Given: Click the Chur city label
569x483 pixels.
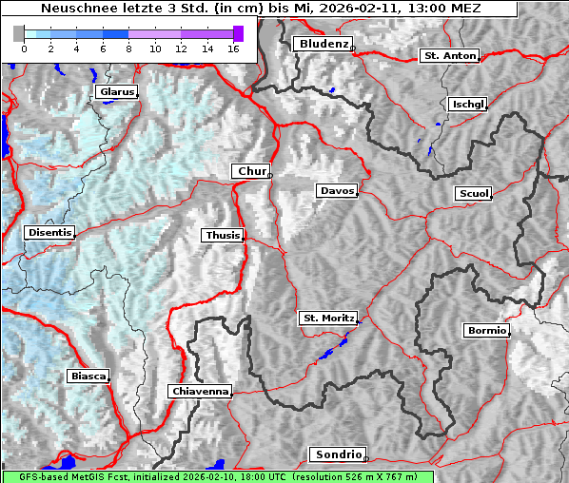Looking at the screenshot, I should (x=251, y=171).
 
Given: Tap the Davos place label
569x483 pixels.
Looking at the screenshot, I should (x=337, y=191).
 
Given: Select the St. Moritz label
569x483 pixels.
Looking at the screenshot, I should (x=327, y=318).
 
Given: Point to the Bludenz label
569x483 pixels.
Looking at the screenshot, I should (x=321, y=44).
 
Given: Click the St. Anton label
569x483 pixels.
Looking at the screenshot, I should (x=448, y=56).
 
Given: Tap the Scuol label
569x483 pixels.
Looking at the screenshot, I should (x=473, y=193).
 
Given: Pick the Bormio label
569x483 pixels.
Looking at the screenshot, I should (x=486, y=331).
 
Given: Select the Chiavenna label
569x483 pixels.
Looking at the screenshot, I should (x=200, y=391).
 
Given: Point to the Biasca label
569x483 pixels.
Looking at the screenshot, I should (x=88, y=377).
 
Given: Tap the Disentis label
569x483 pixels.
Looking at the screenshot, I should (x=49, y=232).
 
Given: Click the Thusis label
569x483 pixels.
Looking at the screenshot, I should (x=222, y=235).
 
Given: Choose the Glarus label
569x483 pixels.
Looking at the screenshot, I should (x=115, y=92).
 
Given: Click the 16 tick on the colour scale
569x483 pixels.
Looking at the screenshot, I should (x=233, y=48).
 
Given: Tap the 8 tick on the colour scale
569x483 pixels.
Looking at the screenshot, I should (x=128, y=48).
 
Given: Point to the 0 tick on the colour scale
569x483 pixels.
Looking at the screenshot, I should (x=24, y=48).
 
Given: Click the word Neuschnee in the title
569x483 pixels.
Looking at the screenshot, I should (x=74, y=9).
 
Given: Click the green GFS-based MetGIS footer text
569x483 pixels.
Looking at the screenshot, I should (x=217, y=476).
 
